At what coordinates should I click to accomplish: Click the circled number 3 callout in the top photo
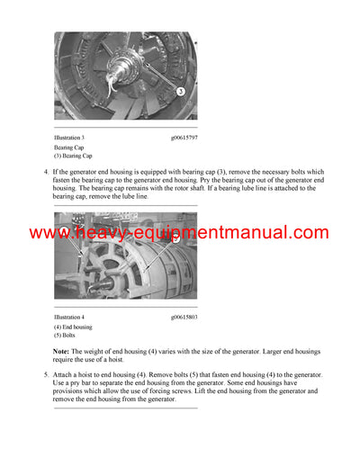pyautogui.click(x=181, y=91)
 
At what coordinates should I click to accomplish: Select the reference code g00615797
pyautogui.click(x=185, y=137)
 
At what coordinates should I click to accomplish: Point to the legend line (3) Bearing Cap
pyautogui.click(x=73, y=155)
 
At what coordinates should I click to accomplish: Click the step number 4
pyautogui.click(x=46, y=171)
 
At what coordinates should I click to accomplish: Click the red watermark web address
pyautogui.click(x=179, y=233)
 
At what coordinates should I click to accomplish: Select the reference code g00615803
pyautogui.click(x=185, y=317)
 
